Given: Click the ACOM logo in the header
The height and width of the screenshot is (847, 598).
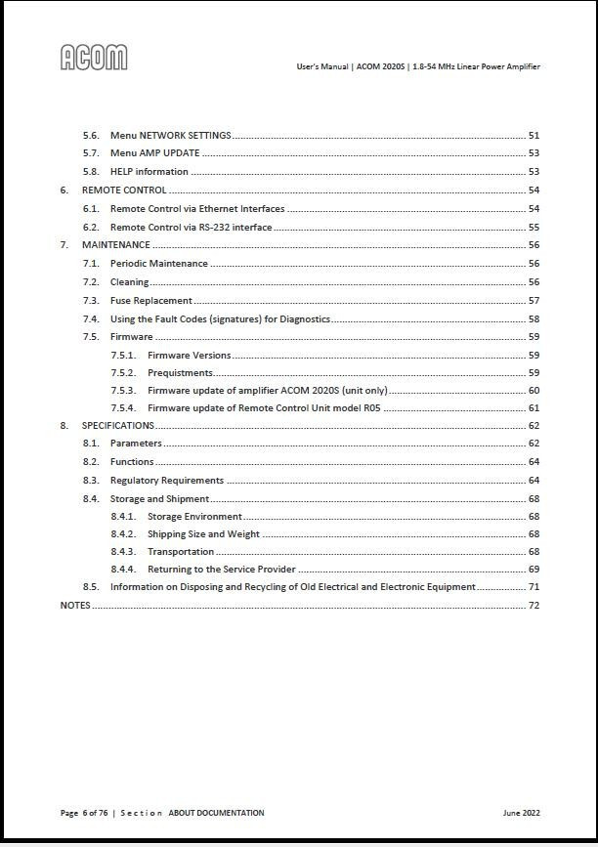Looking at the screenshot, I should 94,59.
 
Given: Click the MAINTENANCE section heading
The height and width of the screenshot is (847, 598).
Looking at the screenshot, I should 115,245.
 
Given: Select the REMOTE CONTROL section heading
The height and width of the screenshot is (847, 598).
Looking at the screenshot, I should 124,191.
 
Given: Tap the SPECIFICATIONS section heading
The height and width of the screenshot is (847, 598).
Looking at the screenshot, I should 117,426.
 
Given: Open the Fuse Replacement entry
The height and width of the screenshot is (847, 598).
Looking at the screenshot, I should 150,301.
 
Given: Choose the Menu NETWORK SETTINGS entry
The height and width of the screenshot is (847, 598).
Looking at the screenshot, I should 170,136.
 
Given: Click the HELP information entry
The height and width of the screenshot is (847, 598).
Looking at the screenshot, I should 149,172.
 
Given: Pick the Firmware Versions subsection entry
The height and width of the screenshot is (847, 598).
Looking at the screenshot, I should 189,356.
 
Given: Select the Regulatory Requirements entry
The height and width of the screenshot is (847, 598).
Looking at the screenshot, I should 166,481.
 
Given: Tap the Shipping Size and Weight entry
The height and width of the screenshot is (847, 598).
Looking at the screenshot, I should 203,534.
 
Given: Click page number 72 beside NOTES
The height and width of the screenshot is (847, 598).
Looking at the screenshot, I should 534,606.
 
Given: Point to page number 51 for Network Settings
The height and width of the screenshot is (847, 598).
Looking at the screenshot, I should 534,136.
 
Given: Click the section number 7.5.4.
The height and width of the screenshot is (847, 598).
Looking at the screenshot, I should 123,408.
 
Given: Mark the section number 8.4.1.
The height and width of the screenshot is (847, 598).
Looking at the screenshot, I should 123,517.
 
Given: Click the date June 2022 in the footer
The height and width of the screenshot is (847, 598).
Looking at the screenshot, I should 521,813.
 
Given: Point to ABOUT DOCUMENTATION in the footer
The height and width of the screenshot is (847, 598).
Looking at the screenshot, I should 216,813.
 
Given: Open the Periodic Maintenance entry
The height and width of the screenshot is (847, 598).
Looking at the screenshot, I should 158,264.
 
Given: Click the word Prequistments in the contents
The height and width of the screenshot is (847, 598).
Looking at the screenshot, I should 180,373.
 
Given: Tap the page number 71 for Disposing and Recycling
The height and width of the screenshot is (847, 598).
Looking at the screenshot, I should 534,587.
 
